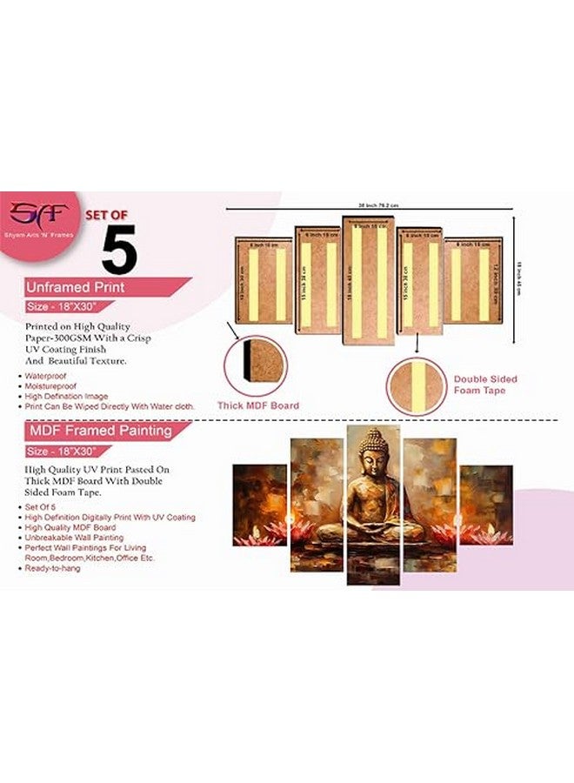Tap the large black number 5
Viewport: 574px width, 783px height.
[x=119, y=251]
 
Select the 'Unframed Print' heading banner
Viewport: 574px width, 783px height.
[x=76, y=286]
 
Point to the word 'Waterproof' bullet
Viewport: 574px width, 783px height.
[x=46, y=375]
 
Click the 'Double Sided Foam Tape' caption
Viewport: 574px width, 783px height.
[x=485, y=385]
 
